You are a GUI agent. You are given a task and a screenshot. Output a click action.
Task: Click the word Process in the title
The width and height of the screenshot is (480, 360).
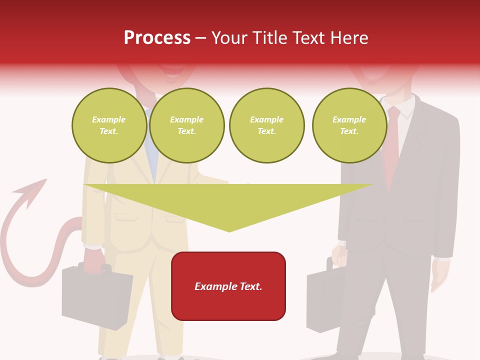tap(157, 38)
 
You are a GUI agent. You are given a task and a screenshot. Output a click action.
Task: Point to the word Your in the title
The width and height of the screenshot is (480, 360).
tap(230, 38)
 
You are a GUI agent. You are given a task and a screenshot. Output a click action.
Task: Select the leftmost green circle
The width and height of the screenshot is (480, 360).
tap(109, 125)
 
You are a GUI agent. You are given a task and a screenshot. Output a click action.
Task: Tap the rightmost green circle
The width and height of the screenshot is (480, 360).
tap(349, 125)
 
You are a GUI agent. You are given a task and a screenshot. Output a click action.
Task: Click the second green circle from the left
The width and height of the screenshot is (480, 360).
tap(187, 125)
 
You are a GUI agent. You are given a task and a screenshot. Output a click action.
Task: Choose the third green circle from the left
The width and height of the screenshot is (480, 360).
tap(266, 125)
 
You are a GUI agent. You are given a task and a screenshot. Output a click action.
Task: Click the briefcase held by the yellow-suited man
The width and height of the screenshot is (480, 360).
tap(95, 297)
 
